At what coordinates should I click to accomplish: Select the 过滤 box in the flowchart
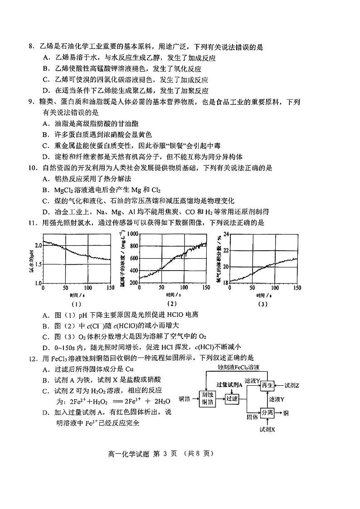(232, 399)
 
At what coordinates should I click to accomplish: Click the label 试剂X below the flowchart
(267, 428)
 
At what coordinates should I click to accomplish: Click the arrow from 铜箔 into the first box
(194, 399)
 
